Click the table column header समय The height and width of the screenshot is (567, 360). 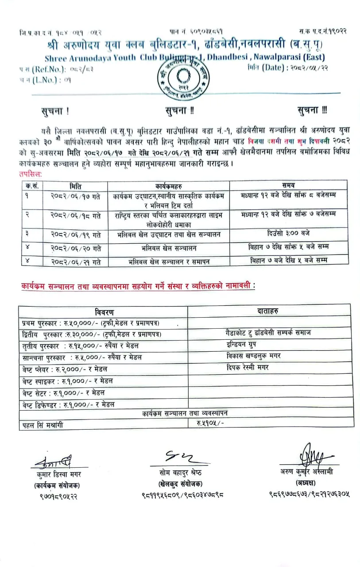coord(288,185)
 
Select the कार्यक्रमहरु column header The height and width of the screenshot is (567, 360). coord(168,186)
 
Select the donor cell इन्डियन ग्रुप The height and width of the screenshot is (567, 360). coord(241,344)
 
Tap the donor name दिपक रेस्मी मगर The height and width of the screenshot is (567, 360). coord(247,367)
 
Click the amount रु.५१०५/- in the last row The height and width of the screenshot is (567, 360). coord(211,423)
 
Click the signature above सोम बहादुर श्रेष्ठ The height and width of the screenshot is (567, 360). coord(179,457)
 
